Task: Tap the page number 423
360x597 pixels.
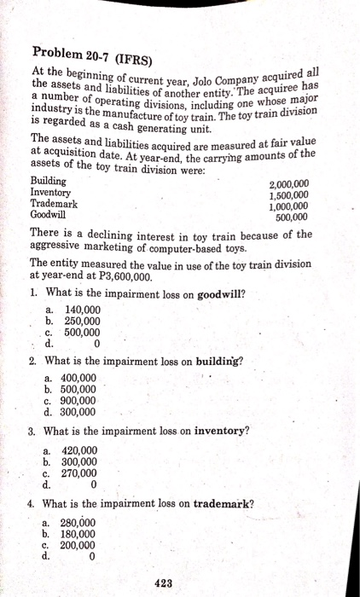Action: coord(167,583)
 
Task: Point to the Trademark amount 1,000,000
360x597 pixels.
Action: coord(289,206)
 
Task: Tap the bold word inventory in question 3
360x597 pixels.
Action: coord(223,432)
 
